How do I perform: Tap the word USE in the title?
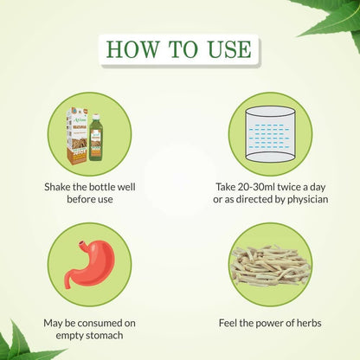click(x=229, y=49)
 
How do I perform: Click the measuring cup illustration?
click(x=271, y=134)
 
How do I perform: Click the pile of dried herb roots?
click(x=271, y=266)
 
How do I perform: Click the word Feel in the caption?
click(x=227, y=323)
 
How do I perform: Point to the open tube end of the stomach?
click(x=82, y=242)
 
